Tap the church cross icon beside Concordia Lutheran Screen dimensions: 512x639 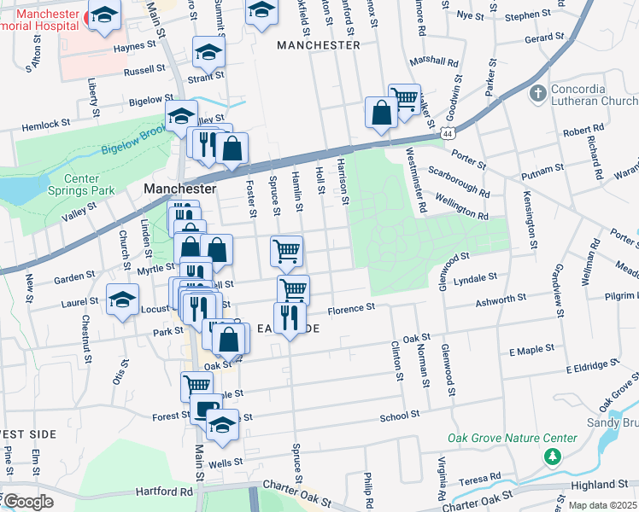[538, 92]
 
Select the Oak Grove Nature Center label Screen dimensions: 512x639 [513, 439]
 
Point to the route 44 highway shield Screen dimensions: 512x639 [448, 134]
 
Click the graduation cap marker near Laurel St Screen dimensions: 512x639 [123, 300]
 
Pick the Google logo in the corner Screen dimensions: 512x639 [27, 502]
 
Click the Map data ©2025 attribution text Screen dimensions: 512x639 [602, 505]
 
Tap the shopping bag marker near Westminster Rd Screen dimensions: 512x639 [380, 112]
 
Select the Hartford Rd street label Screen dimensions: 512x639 [164, 492]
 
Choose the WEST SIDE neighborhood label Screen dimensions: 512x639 [26, 433]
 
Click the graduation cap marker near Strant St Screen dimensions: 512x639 [208, 54]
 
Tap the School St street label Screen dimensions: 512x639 [400, 415]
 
